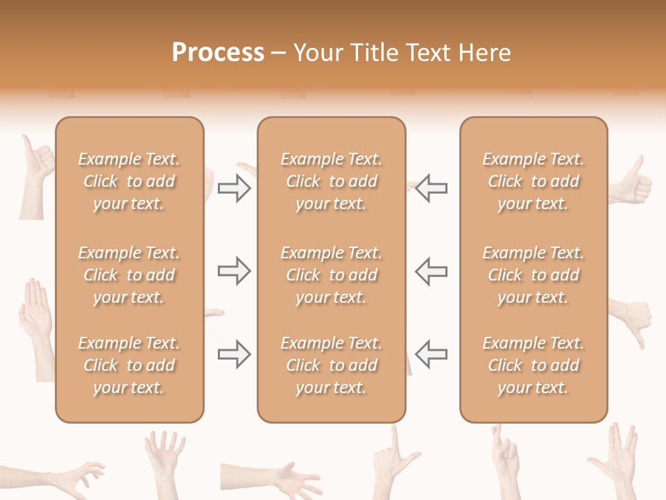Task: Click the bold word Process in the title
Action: point(218,53)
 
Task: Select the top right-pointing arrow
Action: point(234,188)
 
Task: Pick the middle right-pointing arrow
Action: point(234,271)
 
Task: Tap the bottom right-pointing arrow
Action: point(234,354)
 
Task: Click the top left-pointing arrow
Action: point(432,188)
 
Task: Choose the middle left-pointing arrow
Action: point(432,271)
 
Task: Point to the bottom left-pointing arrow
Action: point(432,354)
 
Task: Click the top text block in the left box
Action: point(129,181)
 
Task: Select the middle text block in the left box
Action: point(129,275)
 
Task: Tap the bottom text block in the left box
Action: point(129,365)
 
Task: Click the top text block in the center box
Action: point(331,181)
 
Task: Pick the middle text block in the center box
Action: point(331,275)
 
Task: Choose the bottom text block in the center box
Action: point(331,365)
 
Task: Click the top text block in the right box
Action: point(533,181)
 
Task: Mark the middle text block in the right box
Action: point(533,275)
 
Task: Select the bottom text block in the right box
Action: point(533,365)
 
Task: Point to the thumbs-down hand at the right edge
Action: point(633,319)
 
